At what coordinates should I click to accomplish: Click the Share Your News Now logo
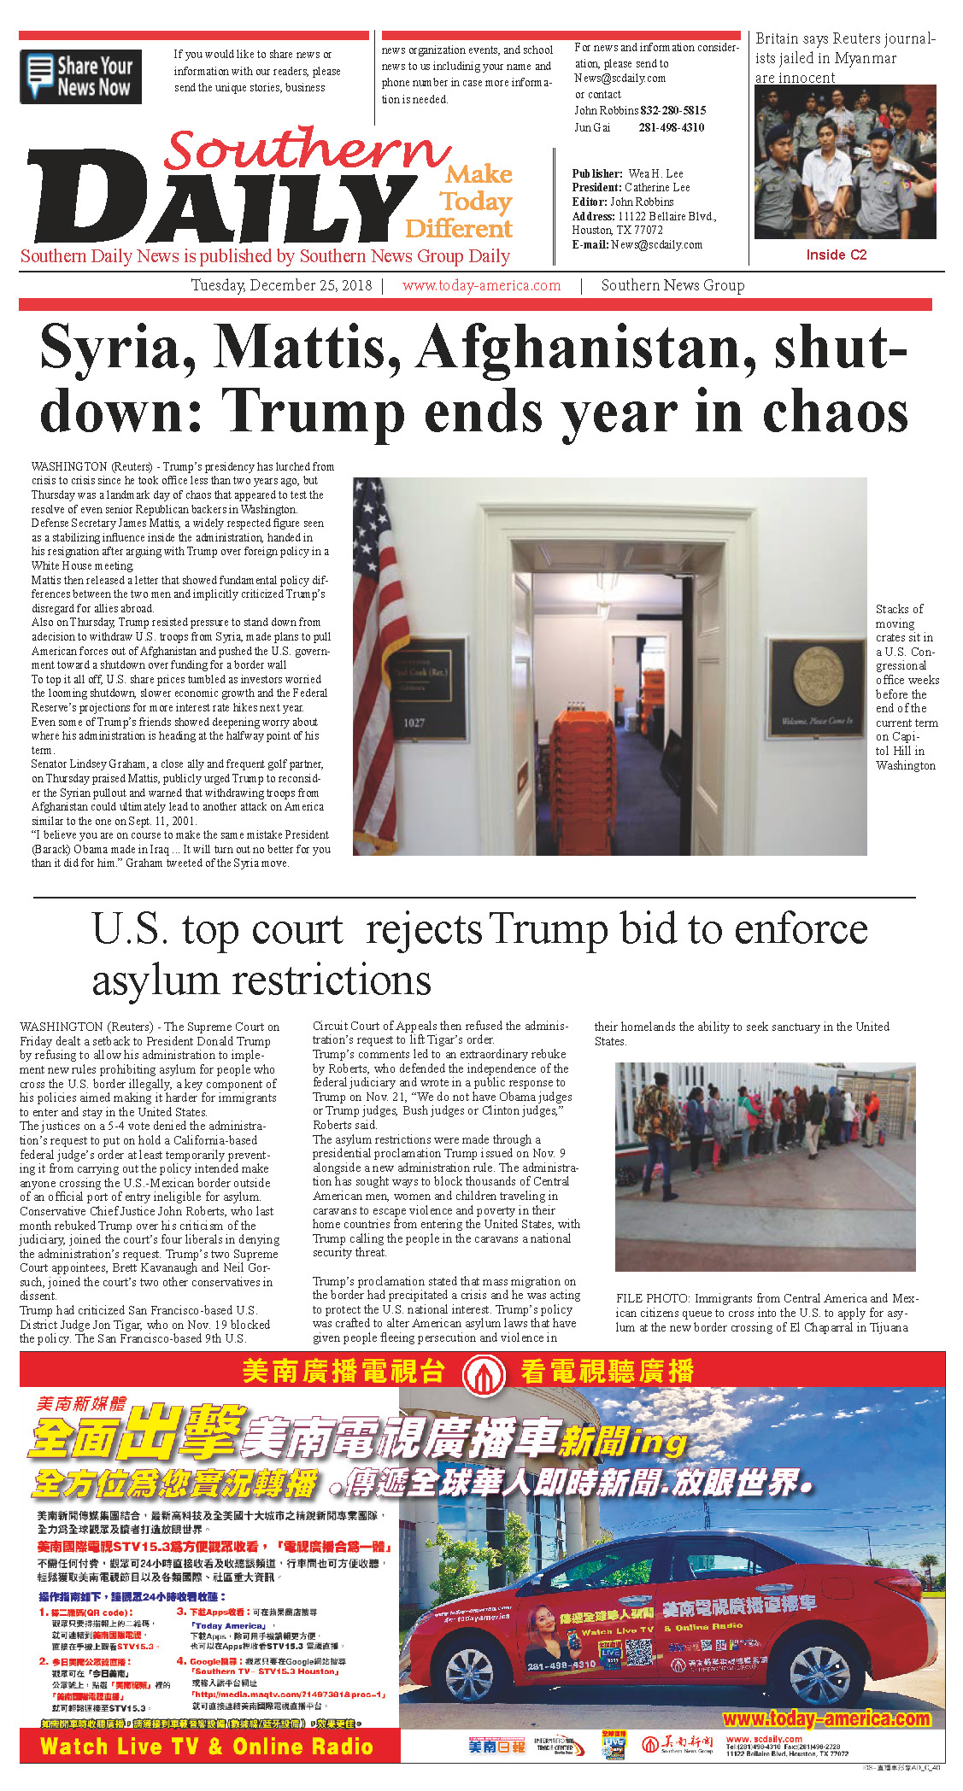(80, 77)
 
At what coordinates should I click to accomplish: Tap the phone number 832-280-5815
(673, 110)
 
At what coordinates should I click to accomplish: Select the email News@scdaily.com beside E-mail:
(656, 244)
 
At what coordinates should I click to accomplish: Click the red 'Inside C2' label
(836, 255)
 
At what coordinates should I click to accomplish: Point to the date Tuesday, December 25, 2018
(281, 285)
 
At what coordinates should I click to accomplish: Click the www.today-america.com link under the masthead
(481, 285)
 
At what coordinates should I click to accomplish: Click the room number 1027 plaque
(414, 723)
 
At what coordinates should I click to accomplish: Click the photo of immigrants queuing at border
(765, 1167)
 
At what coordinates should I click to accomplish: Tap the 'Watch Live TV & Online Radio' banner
(207, 1746)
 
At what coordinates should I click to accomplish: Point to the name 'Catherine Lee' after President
(657, 187)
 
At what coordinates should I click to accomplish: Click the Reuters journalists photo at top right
(844, 162)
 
